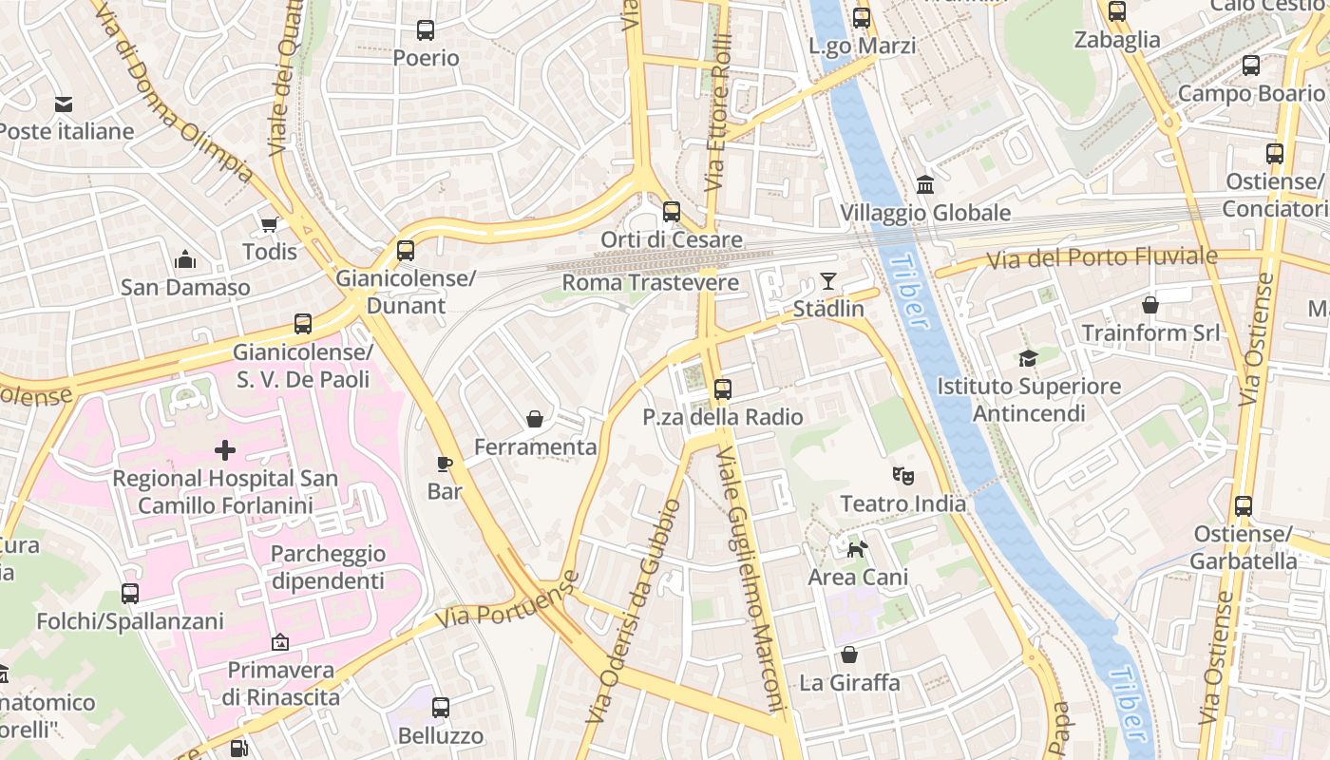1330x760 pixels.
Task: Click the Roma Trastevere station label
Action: pyautogui.click(x=650, y=282)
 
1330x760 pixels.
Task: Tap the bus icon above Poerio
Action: pyautogui.click(x=426, y=30)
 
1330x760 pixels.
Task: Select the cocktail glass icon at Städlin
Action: pyautogui.click(x=828, y=281)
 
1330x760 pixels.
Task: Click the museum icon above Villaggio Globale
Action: pyautogui.click(x=924, y=185)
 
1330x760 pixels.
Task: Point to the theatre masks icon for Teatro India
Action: pyautogui.click(x=902, y=475)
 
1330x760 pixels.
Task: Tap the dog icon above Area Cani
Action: pyautogui.click(x=857, y=549)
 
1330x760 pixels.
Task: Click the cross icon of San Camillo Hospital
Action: pyautogui.click(x=225, y=449)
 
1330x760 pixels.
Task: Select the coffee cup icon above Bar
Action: pyautogui.click(x=444, y=464)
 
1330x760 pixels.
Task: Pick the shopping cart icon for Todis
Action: pyautogui.click(x=269, y=225)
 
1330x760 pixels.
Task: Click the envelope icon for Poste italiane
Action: pyautogui.click(x=64, y=104)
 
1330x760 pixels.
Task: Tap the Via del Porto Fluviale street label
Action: pyautogui.click(x=1101, y=256)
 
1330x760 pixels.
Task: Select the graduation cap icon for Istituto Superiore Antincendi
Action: pyautogui.click(x=1028, y=358)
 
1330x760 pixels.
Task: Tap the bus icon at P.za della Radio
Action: pyautogui.click(x=723, y=389)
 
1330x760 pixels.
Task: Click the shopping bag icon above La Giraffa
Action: pyautogui.click(x=849, y=655)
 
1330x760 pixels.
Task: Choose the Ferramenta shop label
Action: pyautogui.click(x=535, y=446)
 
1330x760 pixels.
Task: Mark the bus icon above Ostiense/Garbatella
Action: pyautogui.click(x=1244, y=506)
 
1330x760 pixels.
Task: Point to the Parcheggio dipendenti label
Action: pyautogui.click(x=328, y=567)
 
